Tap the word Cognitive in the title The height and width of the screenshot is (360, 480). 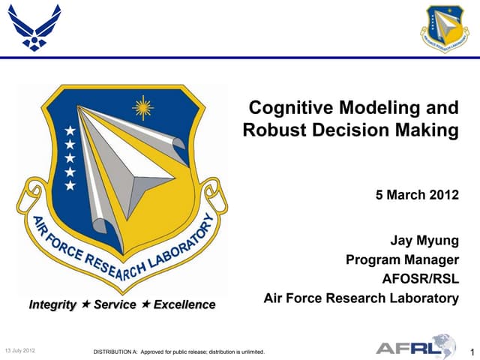(287, 108)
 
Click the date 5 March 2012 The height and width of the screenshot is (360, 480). (416, 195)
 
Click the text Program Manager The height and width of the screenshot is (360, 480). (401, 261)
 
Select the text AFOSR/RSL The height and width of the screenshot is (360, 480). (420, 280)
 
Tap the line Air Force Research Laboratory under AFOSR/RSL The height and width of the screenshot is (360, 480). (361, 298)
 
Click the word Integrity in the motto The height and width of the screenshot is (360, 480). (52, 305)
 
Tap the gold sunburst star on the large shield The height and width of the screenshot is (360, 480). (141, 108)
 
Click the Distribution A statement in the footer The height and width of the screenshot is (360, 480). (177, 352)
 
